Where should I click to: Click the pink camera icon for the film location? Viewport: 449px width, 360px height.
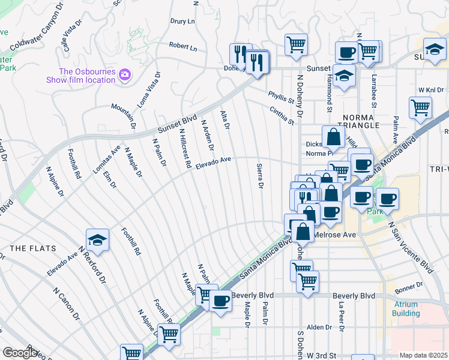125,74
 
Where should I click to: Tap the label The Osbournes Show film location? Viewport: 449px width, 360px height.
81,75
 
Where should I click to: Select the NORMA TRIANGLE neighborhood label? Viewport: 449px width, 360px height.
361,120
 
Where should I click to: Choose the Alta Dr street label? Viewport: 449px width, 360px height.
225,118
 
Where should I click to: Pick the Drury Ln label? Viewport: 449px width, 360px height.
182,21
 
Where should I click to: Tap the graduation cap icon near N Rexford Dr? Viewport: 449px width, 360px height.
96,240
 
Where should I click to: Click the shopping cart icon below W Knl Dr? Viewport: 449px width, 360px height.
420,107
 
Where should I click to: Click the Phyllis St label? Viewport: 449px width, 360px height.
282,97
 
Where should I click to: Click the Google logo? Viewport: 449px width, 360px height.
20,353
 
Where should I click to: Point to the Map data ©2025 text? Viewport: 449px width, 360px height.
423,355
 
